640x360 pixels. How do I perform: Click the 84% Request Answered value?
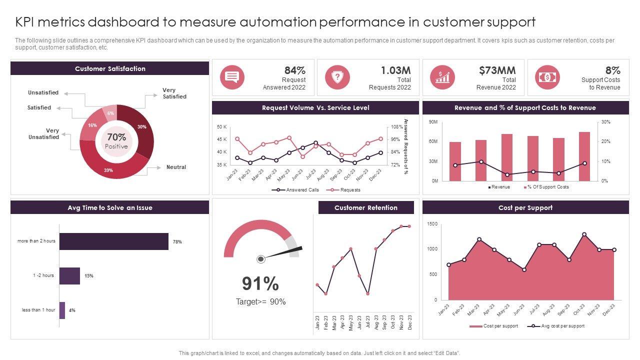[x=294, y=70]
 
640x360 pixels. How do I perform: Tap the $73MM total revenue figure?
[x=497, y=70]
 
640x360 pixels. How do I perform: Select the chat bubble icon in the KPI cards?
[x=232, y=77]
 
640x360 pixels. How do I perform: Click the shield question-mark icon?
[x=337, y=77]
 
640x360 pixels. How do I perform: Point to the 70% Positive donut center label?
[x=116, y=140]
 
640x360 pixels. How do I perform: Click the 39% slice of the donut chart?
[x=108, y=169]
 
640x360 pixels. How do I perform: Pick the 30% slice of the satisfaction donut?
[x=142, y=127]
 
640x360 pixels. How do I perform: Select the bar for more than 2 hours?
[x=114, y=241]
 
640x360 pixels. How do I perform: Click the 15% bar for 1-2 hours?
[x=69, y=275]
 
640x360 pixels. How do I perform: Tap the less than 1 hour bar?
[x=62, y=310]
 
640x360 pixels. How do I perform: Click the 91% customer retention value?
[x=260, y=283]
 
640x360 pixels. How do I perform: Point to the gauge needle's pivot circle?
[x=260, y=259]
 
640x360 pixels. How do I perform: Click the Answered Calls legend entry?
[x=295, y=190]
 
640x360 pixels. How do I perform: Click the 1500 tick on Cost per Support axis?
[x=432, y=224]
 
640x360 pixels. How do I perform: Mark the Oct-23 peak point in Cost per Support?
[x=584, y=234]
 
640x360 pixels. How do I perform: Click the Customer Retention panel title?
[x=366, y=207]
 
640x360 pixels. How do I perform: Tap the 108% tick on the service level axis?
[x=396, y=127]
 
